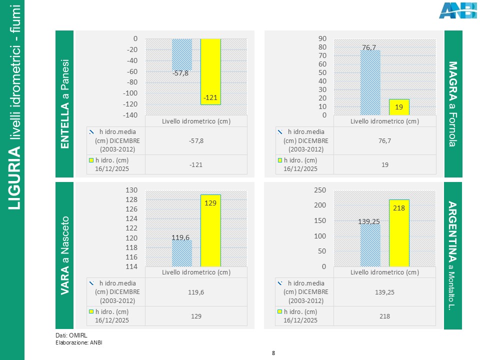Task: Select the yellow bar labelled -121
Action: (210, 71)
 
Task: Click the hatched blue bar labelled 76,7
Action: (370, 82)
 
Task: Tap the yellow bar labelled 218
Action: (399, 233)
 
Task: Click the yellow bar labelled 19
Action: (399, 107)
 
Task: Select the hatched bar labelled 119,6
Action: (181, 253)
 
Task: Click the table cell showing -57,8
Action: (195, 141)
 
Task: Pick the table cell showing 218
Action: (384, 316)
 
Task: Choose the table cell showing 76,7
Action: (384, 141)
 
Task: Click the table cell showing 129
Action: (195, 316)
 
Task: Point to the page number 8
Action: (273, 353)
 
